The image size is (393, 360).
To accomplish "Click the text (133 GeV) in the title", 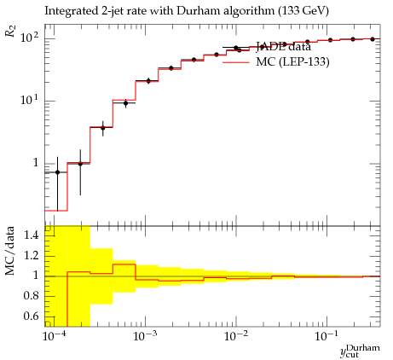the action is tap(303, 11).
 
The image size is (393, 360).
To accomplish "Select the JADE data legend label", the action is tap(284, 46).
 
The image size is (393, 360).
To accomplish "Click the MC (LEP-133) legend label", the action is tap(292, 61).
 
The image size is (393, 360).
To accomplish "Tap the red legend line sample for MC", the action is tap(236, 62).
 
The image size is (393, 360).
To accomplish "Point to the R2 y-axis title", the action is tap(10, 31).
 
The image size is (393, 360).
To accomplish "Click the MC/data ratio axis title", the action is tap(9, 251).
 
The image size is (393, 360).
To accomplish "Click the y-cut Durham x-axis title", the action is tap(360, 351).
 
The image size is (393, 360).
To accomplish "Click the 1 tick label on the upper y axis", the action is tap(36, 163).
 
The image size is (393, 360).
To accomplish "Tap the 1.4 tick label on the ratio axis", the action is tap(31, 235).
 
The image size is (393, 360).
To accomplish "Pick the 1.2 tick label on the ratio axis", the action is tap(31, 255).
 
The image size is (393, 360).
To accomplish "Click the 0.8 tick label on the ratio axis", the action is tap(31, 296).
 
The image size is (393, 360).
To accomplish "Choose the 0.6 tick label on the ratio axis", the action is tap(31, 316).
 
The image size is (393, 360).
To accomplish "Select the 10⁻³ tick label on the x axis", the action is tap(144, 336).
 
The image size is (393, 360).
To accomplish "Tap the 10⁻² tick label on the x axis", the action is tap(235, 336).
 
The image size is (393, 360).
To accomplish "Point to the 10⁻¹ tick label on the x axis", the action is tap(327, 336).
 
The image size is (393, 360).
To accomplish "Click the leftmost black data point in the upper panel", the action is tap(57, 172).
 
